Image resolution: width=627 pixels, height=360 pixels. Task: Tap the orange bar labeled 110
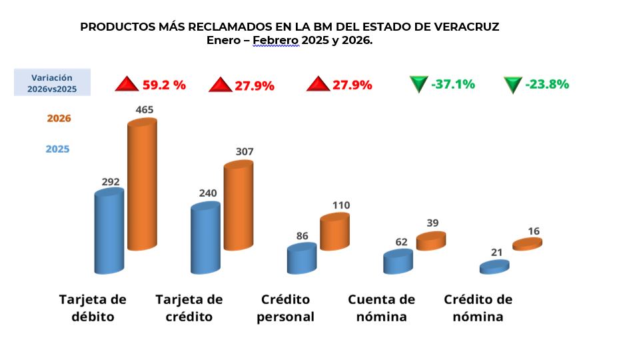pyautogui.click(x=334, y=232)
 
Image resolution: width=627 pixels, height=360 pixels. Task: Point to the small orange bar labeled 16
pyautogui.click(x=527, y=244)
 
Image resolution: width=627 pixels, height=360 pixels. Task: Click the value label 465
pyautogui.click(x=145, y=109)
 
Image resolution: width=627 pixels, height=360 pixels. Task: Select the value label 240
pyautogui.click(x=209, y=193)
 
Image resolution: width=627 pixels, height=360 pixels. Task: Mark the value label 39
pyautogui.click(x=432, y=223)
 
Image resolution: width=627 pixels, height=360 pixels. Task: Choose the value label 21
pyautogui.click(x=495, y=251)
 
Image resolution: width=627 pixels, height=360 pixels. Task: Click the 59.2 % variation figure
pyautogui.click(x=164, y=85)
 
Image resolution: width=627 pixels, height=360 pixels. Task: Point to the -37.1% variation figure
pyautogui.click(x=453, y=84)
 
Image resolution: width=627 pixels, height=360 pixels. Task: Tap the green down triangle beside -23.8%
pyautogui.click(x=512, y=85)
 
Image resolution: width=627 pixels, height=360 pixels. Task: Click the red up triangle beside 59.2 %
pyautogui.click(x=126, y=85)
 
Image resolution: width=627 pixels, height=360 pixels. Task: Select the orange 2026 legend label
pyautogui.click(x=59, y=119)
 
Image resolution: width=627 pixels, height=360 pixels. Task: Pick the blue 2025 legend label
pyautogui.click(x=57, y=149)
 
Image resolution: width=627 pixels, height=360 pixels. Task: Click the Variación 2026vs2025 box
pyautogui.click(x=52, y=83)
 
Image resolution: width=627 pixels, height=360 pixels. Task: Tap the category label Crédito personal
pyautogui.click(x=285, y=308)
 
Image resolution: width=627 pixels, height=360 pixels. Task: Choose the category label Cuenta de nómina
pyautogui.click(x=381, y=308)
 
